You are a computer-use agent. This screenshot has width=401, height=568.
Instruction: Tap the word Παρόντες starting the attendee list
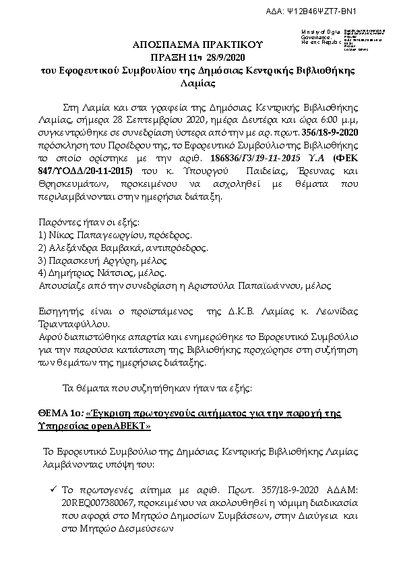click(x=62, y=224)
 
